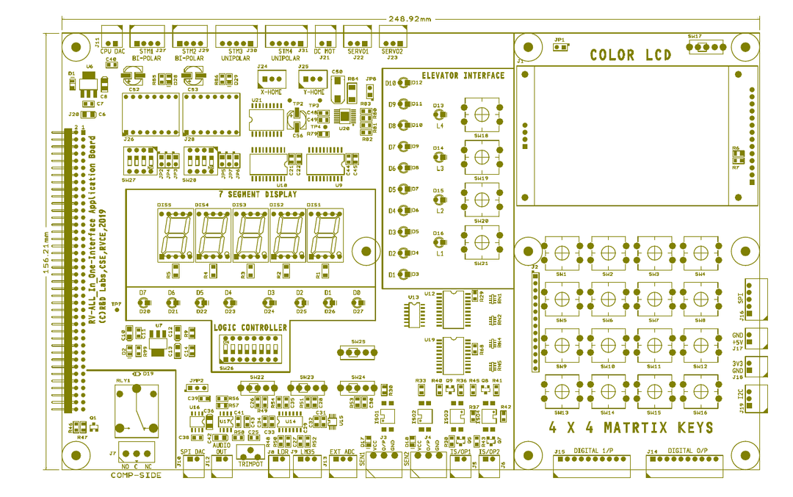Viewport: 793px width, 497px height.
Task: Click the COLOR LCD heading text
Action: tap(631, 55)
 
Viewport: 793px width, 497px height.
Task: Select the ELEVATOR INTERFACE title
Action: tap(463, 76)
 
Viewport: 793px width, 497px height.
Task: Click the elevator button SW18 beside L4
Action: tap(481, 114)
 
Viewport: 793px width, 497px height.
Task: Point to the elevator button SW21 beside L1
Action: tap(481, 242)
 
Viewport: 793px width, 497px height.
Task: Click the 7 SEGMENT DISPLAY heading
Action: tap(258, 195)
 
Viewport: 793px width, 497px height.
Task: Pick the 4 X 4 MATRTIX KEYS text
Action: tap(631, 428)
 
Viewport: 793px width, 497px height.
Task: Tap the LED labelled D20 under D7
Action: tap(145, 302)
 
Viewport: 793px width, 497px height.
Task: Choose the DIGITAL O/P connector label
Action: tap(692, 450)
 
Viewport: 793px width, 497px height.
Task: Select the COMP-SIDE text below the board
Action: tap(136, 476)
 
